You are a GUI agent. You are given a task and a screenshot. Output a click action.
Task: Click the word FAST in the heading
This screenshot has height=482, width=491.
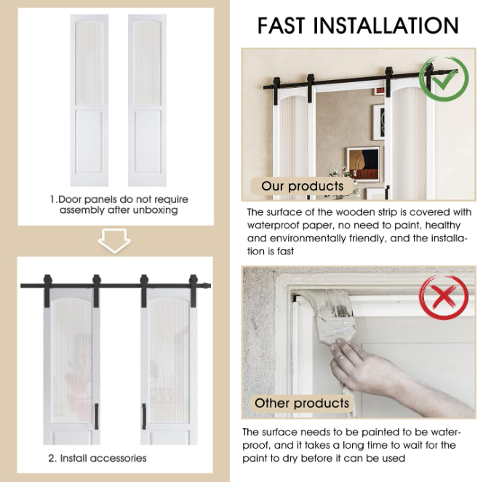tap(281, 25)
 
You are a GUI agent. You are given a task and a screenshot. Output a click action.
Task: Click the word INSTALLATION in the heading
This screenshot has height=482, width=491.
tap(386, 25)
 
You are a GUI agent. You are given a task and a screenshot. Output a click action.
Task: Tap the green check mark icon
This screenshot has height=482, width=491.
tap(444, 79)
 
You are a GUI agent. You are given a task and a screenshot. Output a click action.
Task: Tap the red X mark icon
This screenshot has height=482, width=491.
tap(444, 297)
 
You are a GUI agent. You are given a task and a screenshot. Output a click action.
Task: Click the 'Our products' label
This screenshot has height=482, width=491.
tap(303, 186)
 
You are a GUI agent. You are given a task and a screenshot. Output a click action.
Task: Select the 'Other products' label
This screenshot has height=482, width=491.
tap(302, 403)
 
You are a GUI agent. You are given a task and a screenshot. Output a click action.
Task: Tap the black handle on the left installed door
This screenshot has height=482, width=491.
tap(97, 417)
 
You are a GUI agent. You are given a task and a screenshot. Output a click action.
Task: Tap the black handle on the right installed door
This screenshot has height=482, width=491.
tap(144, 417)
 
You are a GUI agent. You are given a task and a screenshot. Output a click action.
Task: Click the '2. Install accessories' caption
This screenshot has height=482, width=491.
tap(97, 458)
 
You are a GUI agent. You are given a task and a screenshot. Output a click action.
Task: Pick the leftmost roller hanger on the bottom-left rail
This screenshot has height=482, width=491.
tap(47, 287)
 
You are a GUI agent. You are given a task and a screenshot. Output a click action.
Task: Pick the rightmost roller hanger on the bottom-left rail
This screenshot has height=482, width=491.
tap(193, 287)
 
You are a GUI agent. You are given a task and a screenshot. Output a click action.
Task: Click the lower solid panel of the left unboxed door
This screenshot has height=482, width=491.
tap(89, 142)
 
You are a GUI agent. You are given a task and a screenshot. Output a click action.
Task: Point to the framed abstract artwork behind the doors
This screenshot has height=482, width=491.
tap(364, 164)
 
